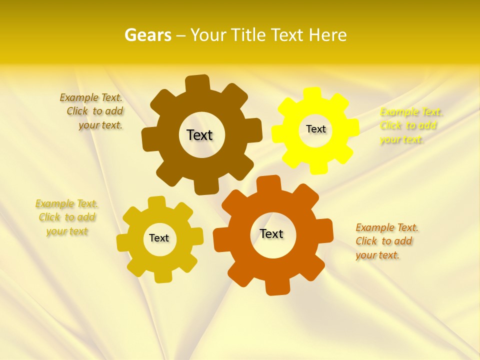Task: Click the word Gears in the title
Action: [147, 35]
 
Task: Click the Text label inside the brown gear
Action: [199, 135]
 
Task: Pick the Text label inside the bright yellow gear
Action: [315, 129]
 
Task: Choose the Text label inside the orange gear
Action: [271, 233]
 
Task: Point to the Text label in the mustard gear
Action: [159, 238]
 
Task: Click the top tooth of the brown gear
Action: [197, 83]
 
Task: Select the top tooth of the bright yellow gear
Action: [312, 93]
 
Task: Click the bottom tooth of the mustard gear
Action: [162, 276]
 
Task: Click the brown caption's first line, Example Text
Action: [91, 97]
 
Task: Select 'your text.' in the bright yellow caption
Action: [401, 139]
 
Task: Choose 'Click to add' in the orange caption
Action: [384, 241]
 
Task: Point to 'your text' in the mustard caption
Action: [67, 231]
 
